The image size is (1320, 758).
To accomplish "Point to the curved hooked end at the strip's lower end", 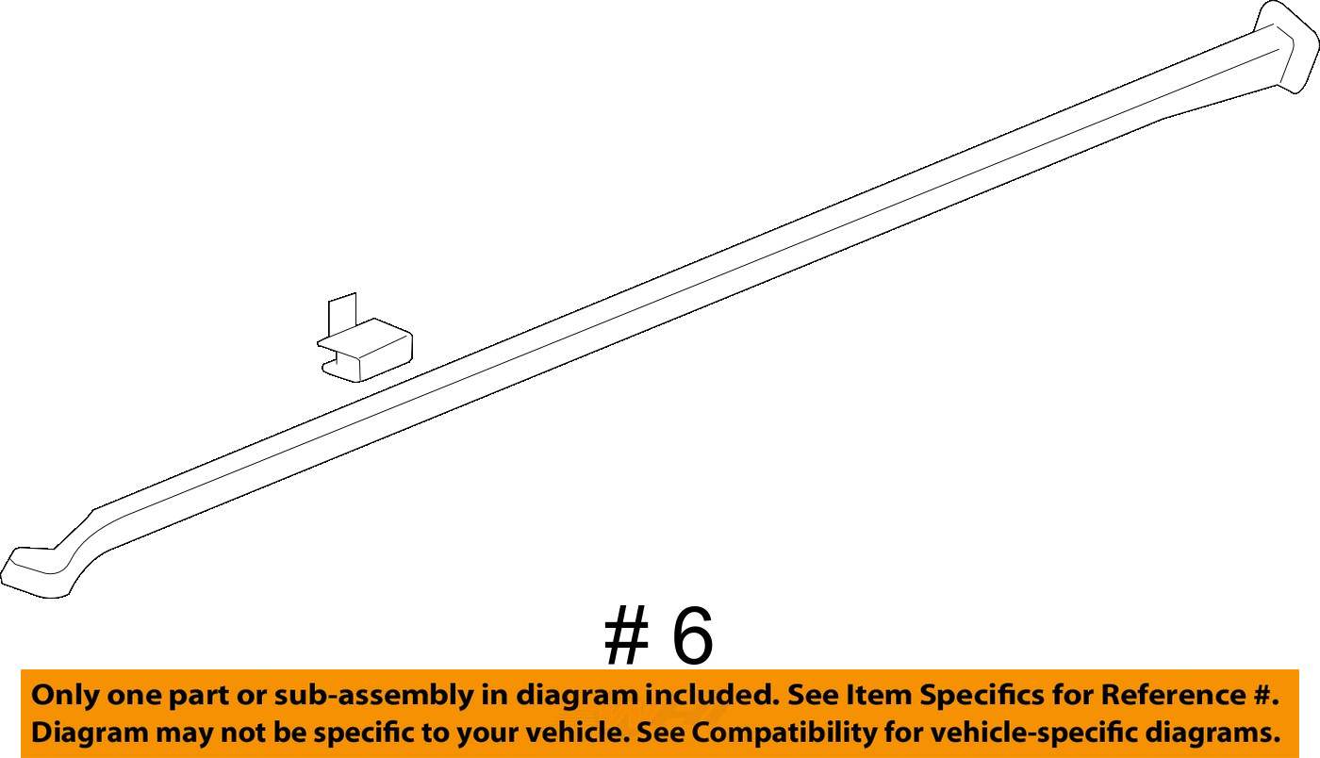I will (x=38, y=570).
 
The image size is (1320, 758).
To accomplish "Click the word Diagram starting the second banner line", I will (x=87, y=732).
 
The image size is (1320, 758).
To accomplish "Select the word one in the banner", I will (x=137, y=696).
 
